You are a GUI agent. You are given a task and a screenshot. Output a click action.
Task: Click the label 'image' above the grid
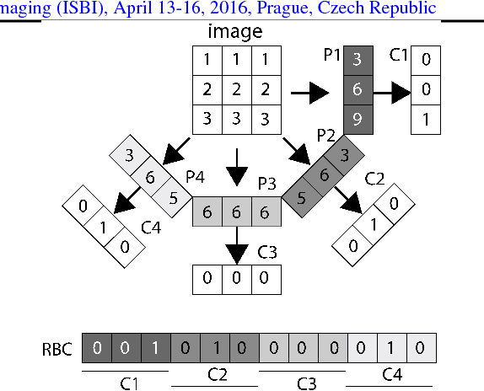234,32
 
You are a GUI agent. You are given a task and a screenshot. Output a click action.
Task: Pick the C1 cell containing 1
426,119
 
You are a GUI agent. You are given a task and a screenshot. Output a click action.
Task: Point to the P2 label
326,135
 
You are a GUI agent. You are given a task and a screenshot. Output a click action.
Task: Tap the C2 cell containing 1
372,224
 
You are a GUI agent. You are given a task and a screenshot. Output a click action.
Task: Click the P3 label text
267,183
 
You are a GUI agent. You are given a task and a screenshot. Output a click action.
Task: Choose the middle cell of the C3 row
236,279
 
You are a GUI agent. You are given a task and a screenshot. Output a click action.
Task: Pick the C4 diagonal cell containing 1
103,227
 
